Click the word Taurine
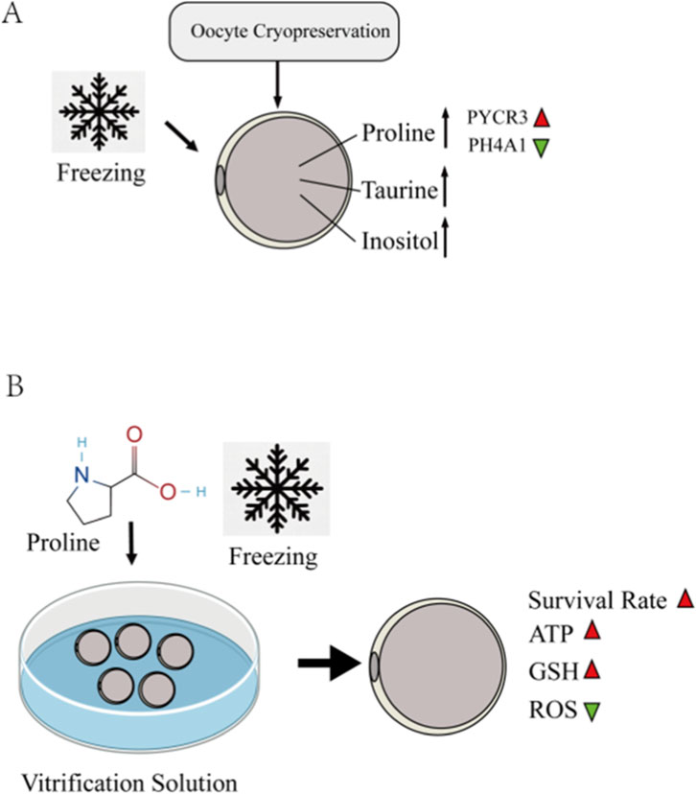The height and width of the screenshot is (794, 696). coord(397,192)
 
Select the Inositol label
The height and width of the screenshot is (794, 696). coord(394,237)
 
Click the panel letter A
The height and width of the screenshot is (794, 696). coord(12,18)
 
